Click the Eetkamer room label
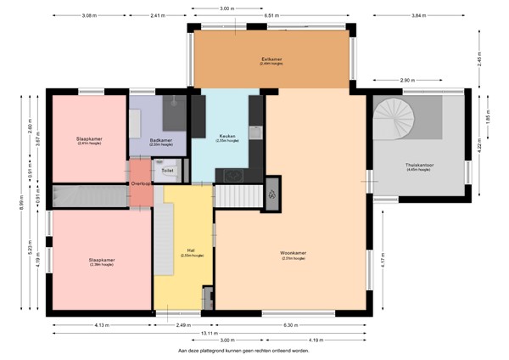(x=271, y=59)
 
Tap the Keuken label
(x=227, y=136)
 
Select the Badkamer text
(x=160, y=140)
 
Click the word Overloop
(x=141, y=183)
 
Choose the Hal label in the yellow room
(x=192, y=251)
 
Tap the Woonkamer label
(x=293, y=252)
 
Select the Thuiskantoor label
(x=419, y=166)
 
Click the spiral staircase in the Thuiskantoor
(x=396, y=119)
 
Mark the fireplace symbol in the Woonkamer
(x=271, y=193)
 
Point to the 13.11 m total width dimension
(x=255, y=333)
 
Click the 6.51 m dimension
(x=273, y=16)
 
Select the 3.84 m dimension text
(x=418, y=16)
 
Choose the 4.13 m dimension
(x=100, y=324)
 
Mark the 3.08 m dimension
(x=88, y=16)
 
